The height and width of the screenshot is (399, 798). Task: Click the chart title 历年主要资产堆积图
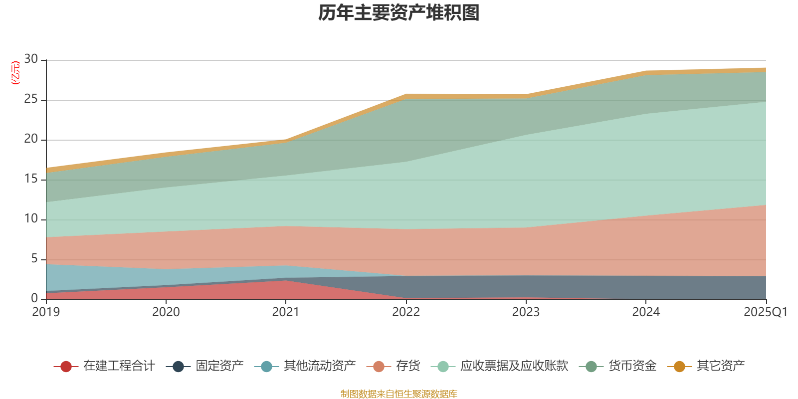click(399, 13)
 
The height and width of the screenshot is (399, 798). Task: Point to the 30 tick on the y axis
click(31, 59)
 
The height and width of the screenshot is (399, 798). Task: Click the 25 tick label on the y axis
click(31, 99)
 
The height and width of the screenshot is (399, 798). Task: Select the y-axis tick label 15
click(31, 179)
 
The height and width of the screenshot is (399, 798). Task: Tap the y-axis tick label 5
click(34, 259)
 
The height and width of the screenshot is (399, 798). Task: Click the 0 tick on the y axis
click(34, 299)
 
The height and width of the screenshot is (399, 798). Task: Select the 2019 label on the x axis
click(46, 312)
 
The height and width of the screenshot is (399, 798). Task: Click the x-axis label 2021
click(286, 312)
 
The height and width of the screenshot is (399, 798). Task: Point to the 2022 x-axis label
click(406, 312)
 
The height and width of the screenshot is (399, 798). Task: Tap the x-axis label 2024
click(646, 312)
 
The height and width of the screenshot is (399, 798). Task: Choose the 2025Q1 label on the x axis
click(765, 312)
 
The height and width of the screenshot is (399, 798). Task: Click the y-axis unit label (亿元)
click(15, 73)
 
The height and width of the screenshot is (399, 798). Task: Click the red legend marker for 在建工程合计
click(66, 367)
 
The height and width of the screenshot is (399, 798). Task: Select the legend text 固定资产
click(219, 366)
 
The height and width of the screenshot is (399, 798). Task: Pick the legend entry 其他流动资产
click(319, 366)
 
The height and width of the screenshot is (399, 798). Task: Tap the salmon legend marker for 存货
click(379, 367)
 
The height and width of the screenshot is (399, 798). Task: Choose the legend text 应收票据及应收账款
click(514, 366)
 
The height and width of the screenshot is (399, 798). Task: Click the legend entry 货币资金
click(632, 366)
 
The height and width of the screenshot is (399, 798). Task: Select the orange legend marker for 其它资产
click(679, 367)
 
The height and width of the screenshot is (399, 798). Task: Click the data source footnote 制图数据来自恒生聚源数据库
click(399, 394)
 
